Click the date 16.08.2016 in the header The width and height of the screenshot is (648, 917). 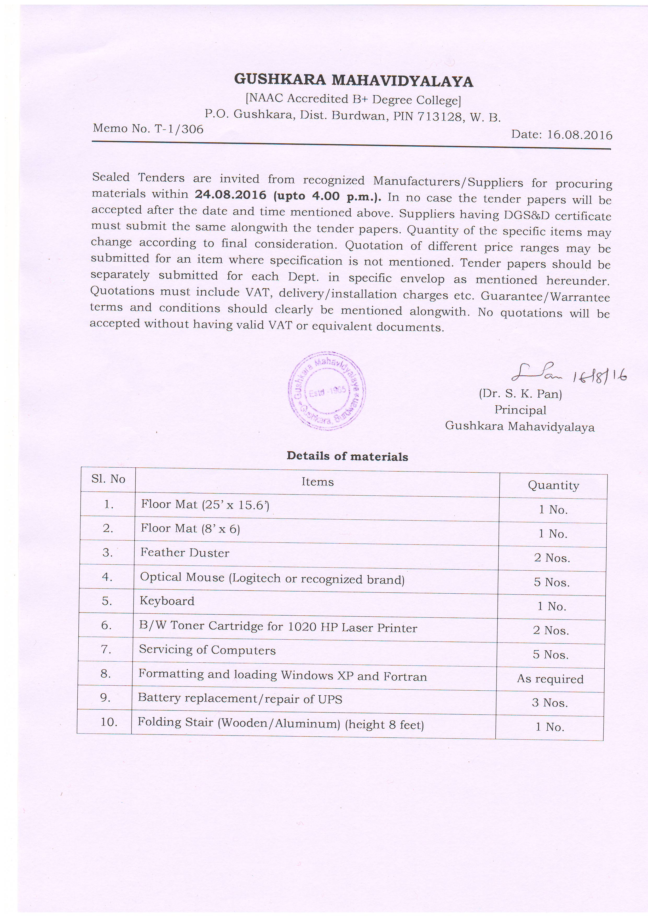pos(579,135)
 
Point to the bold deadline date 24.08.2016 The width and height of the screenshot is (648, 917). pos(230,195)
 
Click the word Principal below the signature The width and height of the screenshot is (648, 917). pos(520,410)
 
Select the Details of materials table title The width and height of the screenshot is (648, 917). pos(347,456)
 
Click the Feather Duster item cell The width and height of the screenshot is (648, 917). pos(185,553)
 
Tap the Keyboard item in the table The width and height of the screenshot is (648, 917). pos(167,601)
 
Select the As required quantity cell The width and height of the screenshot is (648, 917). pos(550,679)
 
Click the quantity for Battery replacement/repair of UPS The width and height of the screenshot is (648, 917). pos(550,703)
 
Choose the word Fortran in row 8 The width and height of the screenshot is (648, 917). pos(405,677)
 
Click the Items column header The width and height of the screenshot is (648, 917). pos(317,482)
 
